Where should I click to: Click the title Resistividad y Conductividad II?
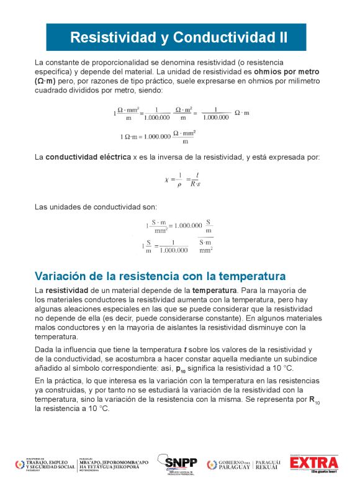click(x=179, y=37)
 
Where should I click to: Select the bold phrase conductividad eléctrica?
click(x=88, y=157)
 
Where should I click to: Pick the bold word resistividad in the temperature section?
click(x=66, y=290)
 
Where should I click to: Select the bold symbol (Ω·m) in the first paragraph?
click(x=45, y=81)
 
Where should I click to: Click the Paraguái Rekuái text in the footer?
click(x=269, y=465)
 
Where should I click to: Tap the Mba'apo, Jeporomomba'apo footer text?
click(x=114, y=465)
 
